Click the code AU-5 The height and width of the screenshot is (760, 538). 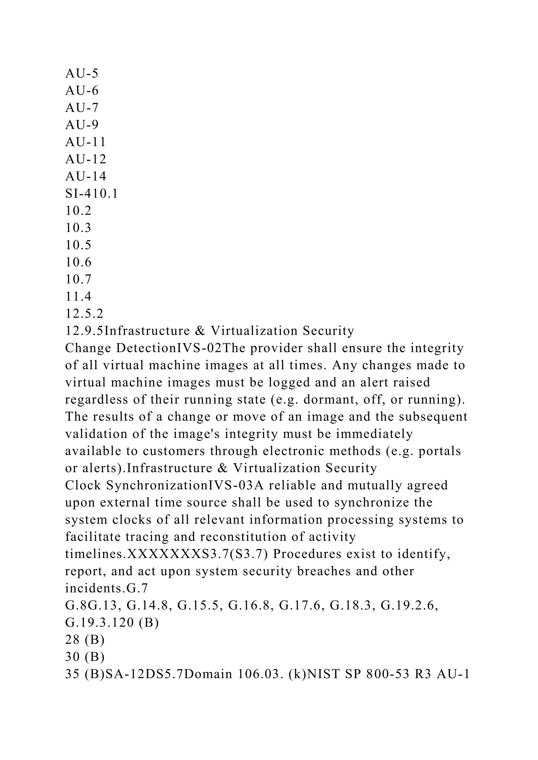pos(82,73)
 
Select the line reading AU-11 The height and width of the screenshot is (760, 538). pos(85,142)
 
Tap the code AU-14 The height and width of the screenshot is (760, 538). pos(85,176)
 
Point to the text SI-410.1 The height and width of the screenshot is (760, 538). pos(91,194)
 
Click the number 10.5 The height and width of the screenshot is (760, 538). pos(78,245)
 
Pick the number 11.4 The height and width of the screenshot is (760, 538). pos(78,296)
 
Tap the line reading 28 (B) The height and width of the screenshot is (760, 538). pos(85,640)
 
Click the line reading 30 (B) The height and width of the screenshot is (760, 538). pos(85,657)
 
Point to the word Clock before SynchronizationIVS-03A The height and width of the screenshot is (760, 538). pos(83,485)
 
